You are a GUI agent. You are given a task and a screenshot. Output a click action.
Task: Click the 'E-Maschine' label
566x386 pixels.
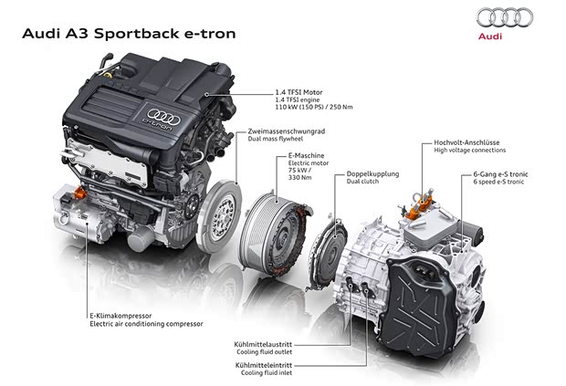294,158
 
